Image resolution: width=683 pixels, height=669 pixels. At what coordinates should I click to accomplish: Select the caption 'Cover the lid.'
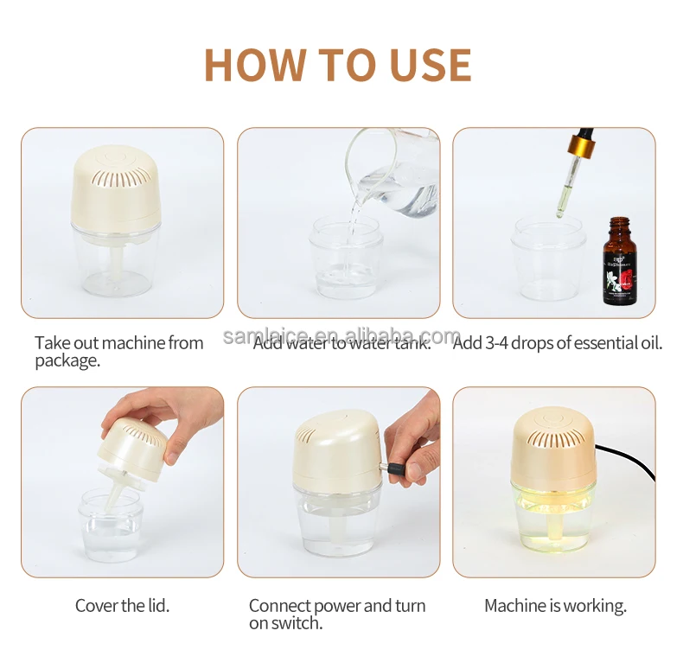pos(122,606)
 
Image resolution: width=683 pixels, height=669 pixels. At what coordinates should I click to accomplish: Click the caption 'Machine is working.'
pos(555,606)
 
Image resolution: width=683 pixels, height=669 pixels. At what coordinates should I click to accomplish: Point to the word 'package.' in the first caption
pos(67,360)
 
